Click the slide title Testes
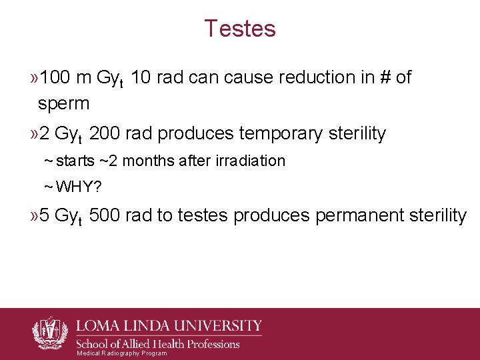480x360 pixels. click(x=240, y=29)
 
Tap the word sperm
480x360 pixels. click(x=63, y=103)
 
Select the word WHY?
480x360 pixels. click(x=78, y=187)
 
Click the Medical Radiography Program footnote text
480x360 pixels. click(x=122, y=353)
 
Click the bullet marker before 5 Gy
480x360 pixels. click(x=33, y=215)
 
